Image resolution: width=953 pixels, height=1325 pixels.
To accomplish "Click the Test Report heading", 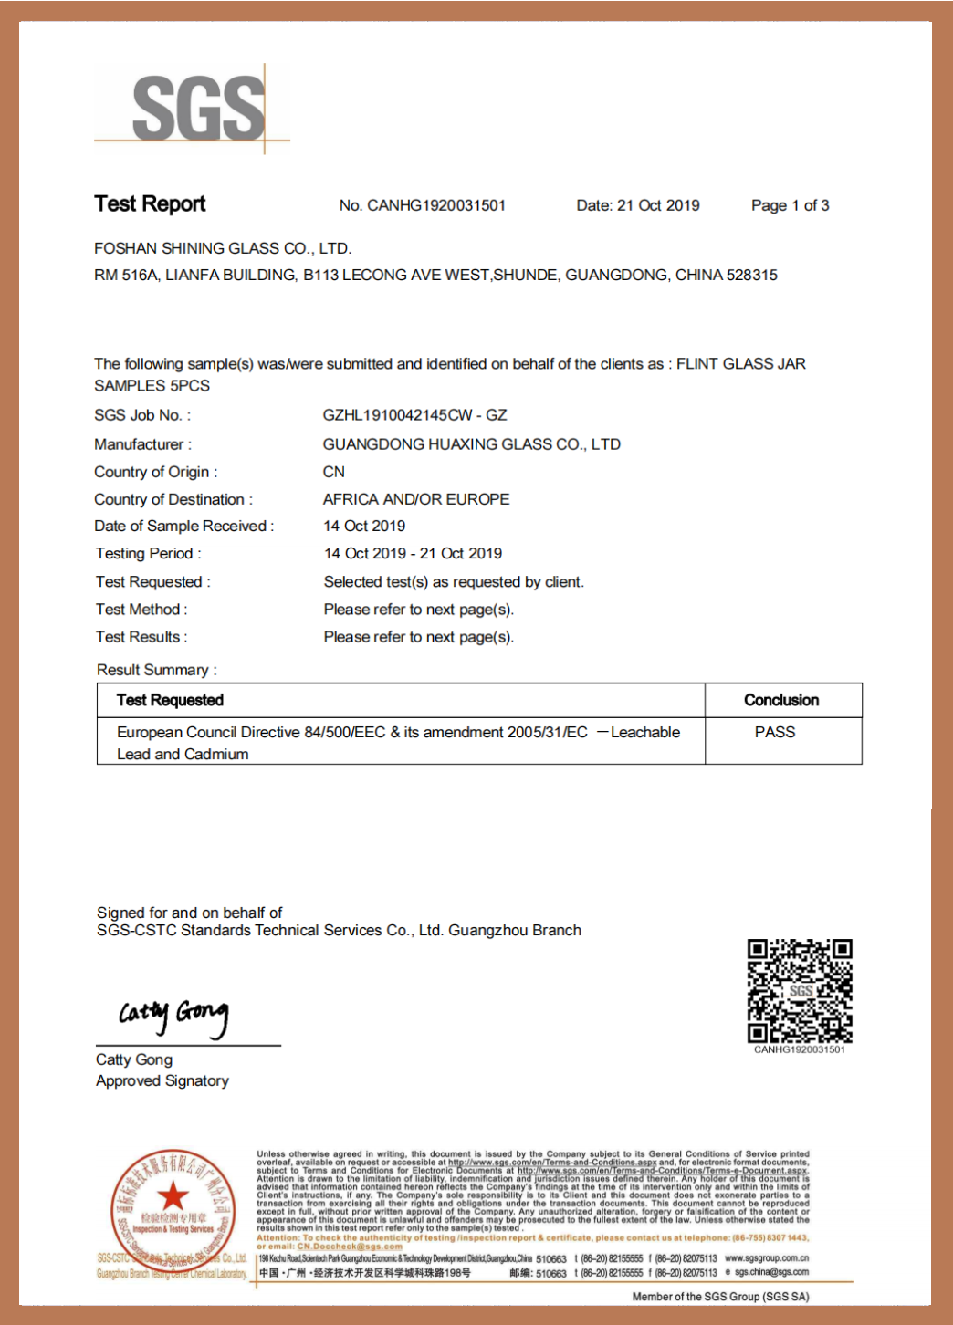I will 150,203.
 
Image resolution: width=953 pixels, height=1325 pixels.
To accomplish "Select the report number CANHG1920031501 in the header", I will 435,205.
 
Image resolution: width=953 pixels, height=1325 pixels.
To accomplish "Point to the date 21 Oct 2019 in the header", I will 657,205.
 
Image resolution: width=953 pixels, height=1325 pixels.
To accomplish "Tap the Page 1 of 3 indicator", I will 790,205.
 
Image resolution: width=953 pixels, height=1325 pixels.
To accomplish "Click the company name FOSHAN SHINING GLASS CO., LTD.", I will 222,248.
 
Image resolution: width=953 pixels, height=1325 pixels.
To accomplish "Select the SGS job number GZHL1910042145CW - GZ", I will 414,415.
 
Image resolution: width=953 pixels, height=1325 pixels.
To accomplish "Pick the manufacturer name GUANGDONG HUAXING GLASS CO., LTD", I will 471,444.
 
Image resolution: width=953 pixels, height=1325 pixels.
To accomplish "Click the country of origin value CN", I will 334,472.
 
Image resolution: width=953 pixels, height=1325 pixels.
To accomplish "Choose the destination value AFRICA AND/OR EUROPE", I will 416,499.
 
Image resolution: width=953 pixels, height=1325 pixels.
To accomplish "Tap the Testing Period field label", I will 148,554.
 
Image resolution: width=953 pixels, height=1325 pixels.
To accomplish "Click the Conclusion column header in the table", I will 781,700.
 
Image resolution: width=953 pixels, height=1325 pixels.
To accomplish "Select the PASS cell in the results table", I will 775,732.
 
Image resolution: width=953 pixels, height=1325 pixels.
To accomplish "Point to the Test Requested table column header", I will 170,700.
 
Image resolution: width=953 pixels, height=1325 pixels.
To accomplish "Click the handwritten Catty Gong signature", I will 173,1016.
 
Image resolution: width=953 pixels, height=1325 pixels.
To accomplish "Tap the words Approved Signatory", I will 162,1080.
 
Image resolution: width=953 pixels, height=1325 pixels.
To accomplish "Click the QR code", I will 800,990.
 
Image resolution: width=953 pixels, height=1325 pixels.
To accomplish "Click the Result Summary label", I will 156,670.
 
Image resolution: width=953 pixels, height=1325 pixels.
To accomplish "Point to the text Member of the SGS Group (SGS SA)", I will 720,1297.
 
